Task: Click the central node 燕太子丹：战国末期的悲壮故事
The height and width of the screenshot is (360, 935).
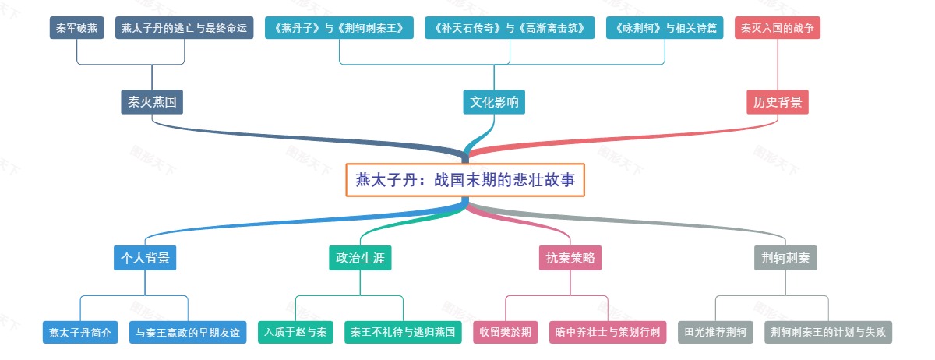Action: coord(465,180)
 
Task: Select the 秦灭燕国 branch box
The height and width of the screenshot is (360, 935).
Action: coord(152,102)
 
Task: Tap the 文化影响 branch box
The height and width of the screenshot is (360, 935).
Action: coord(494,102)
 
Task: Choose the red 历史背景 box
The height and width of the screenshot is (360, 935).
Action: coord(778,102)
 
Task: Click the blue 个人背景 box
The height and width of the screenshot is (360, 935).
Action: coord(145,258)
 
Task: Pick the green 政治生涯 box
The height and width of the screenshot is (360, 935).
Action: coord(360,258)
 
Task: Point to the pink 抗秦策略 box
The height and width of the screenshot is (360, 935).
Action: coord(571,258)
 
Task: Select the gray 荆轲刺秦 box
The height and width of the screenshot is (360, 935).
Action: coord(785,258)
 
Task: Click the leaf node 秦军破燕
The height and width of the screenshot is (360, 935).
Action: coord(77,28)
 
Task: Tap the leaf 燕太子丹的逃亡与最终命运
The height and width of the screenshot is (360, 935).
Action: coord(185,28)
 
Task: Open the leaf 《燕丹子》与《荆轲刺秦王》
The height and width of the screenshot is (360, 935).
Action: coord(339,28)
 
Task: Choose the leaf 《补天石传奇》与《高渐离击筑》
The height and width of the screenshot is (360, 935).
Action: coord(510,28)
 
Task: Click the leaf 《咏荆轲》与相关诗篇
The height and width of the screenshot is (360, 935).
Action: coord(665,28)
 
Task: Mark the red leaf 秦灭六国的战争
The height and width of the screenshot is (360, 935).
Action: coord(777,28)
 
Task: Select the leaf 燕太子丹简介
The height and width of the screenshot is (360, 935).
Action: coord(80,332)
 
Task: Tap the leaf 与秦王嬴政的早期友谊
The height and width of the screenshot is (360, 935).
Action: coord(188,332)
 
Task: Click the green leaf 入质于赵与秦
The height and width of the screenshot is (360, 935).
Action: coord(296,332)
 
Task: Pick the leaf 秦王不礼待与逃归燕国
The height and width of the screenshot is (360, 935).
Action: coord(403,332)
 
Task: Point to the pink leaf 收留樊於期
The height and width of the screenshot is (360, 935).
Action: coord(506,332)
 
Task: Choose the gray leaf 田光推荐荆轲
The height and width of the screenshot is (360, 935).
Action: coord(716,332)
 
